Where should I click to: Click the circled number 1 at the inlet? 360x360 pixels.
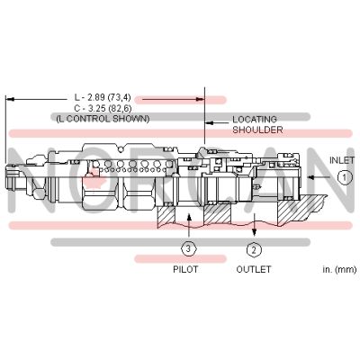coord(343,178)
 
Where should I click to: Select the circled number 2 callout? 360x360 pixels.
coord(254,249)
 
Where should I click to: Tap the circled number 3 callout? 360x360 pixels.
coord(186,249)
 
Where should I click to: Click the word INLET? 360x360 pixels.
coord(342,159)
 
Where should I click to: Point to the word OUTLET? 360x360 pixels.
coord(254,269)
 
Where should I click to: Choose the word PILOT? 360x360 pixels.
coord(185,269)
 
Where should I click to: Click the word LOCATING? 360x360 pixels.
coord(255,120)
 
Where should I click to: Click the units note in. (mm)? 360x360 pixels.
coord(328,269)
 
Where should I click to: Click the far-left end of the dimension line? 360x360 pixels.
coord(6,97)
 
